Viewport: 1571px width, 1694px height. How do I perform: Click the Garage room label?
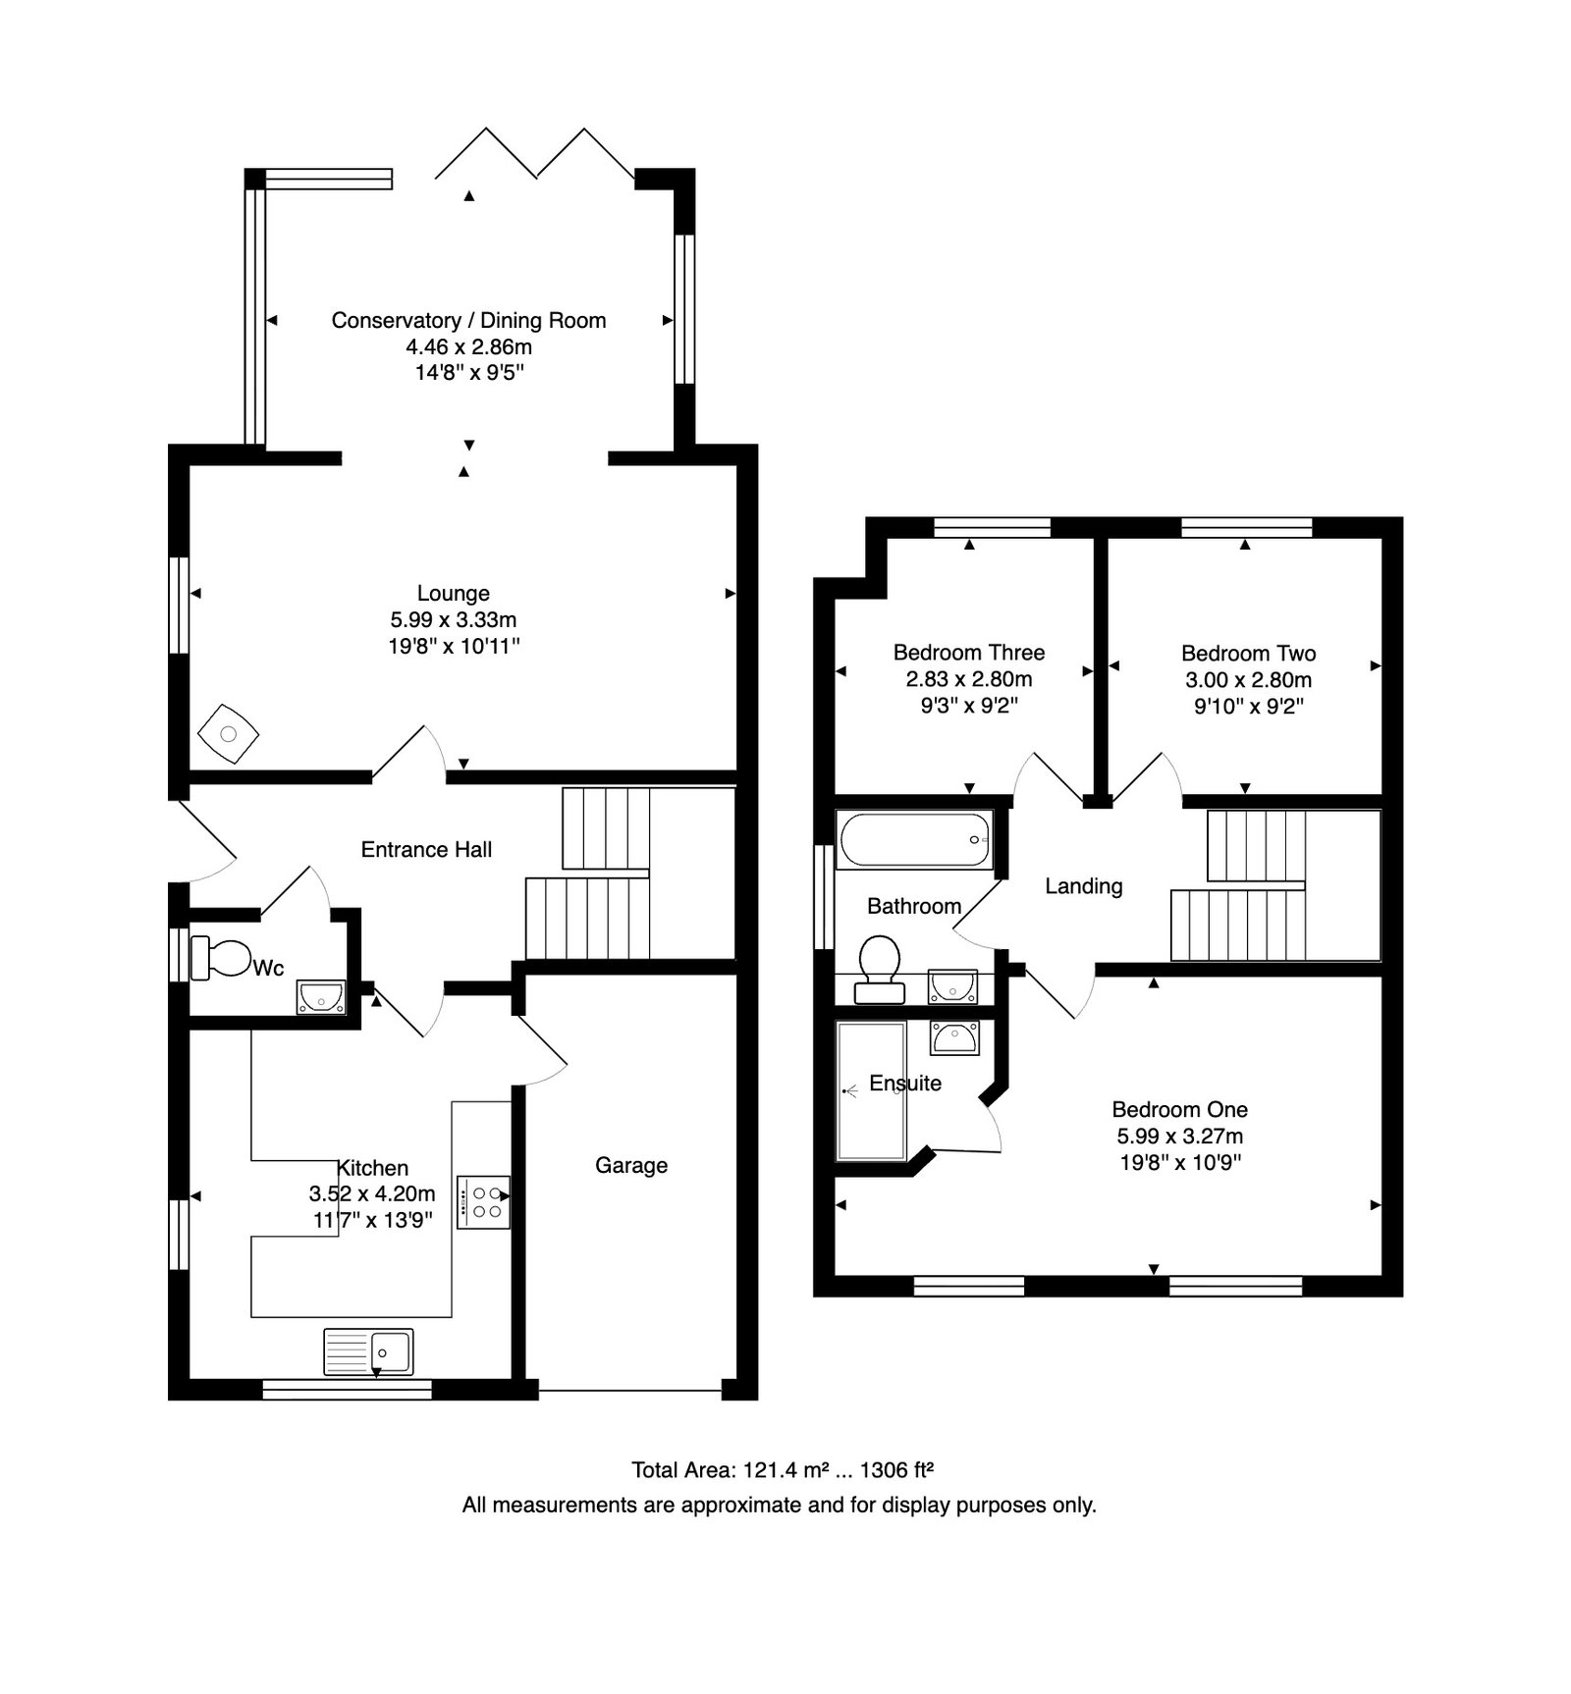click(x=631, y=1165)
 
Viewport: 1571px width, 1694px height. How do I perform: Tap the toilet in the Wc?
click(x=221, y=958)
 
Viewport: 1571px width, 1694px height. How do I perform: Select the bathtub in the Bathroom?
click(x=914, y=839)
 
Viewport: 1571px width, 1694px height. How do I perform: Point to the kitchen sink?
click(x=368, y=1352)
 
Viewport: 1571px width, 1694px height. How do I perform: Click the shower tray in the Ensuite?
click(x=871, y=1090)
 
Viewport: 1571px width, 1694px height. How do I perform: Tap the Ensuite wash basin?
click(x=954, y=1037)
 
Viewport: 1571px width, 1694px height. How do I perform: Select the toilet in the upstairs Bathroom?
click(x=880, y=969)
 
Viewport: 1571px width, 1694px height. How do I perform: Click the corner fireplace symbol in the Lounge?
click(x=228, y=733)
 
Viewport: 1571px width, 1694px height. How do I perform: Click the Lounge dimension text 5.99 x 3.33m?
click(x=454, y=619)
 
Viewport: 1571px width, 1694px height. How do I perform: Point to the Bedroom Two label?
click(x=1249, y=653)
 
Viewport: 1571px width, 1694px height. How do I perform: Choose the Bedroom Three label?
click(x=969, y=652)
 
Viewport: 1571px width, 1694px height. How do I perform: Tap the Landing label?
click(x=1084, y=886)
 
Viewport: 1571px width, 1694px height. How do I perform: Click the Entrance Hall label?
click(x=426, y=849)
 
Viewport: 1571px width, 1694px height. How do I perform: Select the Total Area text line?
click(x=782, y=1469)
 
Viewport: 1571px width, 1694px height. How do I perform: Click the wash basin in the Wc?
click(x=321, y=996)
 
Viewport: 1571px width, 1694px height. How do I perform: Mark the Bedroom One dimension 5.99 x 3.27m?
click(x=1180, y=1136)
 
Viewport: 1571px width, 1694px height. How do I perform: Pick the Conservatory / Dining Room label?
click(x=468, y=320)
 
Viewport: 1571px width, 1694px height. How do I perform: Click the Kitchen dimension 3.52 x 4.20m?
click(x=372, y=1193)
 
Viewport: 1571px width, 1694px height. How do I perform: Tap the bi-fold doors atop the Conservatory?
click(x=536, y=154)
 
